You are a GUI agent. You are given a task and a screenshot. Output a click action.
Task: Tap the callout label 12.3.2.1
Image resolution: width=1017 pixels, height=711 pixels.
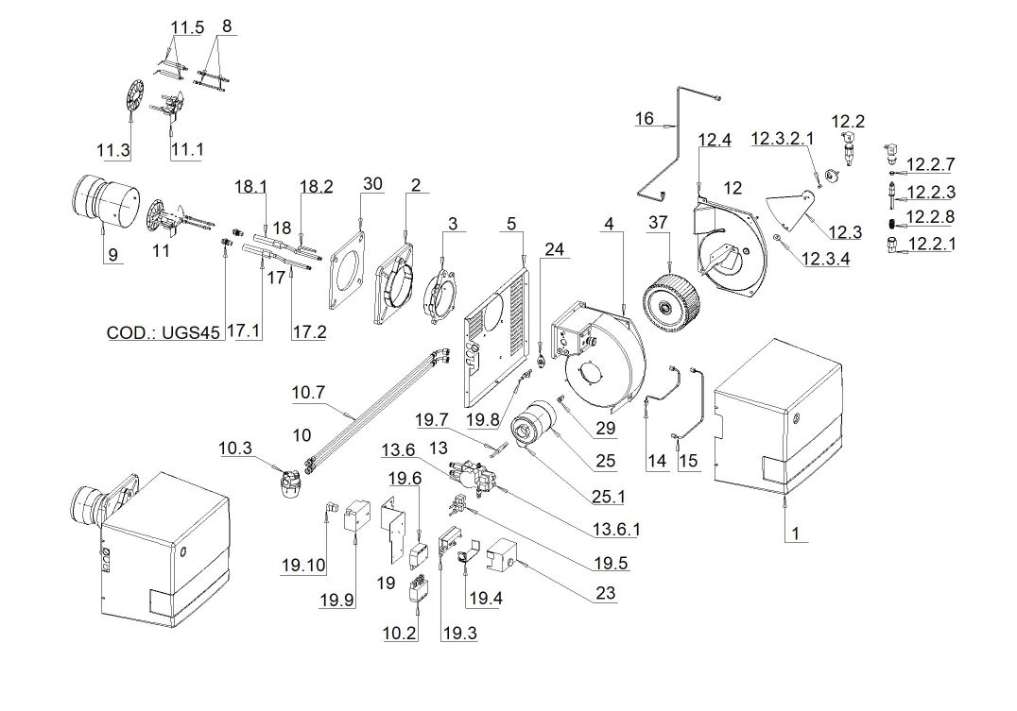pos(782,140)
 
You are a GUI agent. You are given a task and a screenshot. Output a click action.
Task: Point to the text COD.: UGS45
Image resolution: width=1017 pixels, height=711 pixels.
pos(164,332)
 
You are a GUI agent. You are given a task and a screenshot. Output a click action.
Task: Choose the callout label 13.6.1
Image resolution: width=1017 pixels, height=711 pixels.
pos(617,530)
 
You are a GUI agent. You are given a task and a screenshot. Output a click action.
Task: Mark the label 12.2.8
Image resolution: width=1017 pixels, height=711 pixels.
pos(930,216)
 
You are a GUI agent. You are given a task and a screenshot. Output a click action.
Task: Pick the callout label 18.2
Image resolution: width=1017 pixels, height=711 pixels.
pos(317,186)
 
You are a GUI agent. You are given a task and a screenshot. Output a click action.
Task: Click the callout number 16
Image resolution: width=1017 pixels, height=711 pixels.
pos(644,118)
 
